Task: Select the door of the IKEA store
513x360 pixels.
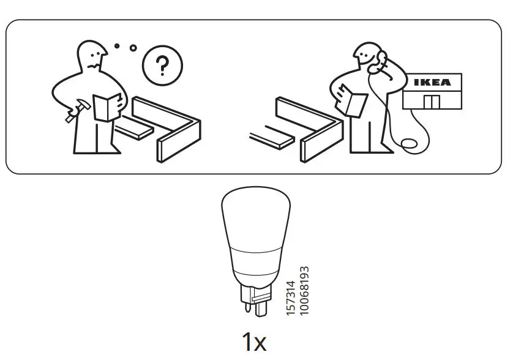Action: [x=431, y=102]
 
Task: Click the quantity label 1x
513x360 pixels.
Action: [x=254, y=342]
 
